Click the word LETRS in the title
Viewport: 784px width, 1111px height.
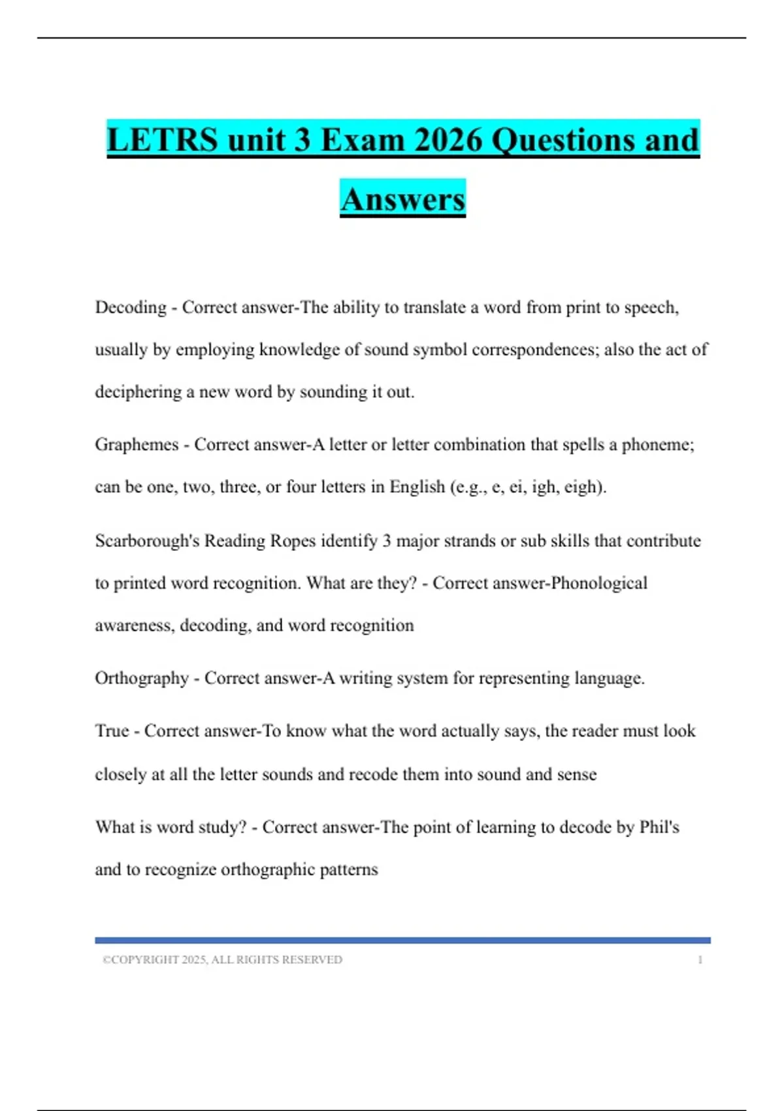click(162, 140)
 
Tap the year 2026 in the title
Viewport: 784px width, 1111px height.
click(448, 140)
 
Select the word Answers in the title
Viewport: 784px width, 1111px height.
click(402, 199)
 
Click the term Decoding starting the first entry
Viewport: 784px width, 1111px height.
click(131, 307)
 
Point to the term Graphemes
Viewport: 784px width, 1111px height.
click(137, 444)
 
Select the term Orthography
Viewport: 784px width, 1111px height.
click(142, 678)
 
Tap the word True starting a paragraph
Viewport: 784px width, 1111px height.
click(112, 731)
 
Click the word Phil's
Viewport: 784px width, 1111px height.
click(659, 827)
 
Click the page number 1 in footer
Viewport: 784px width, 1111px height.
click(700, 960)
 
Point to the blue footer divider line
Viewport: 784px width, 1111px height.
click(402, 940)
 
